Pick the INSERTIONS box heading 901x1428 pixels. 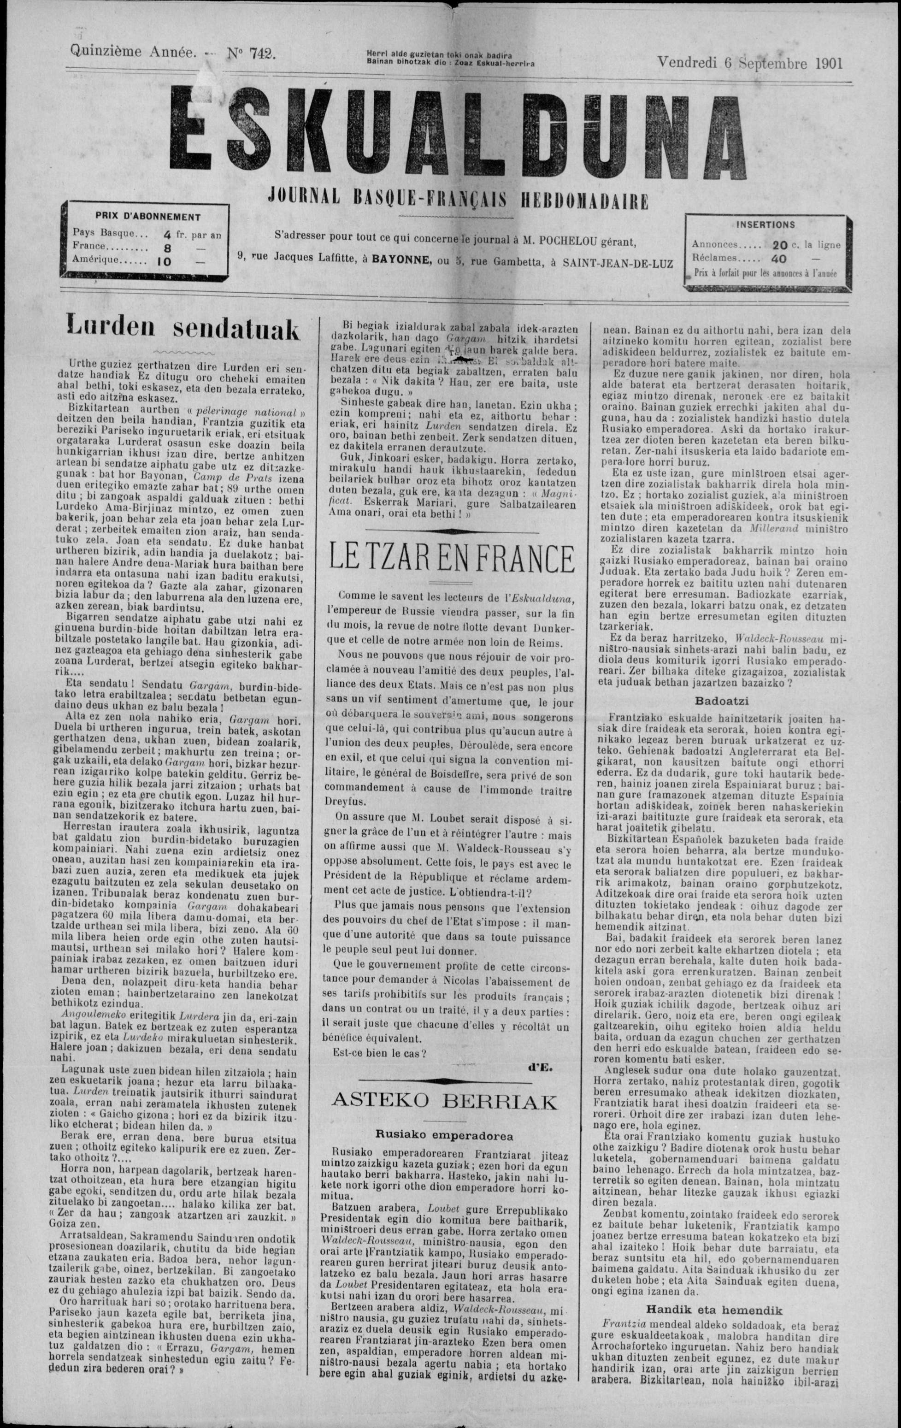coord(766,225)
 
